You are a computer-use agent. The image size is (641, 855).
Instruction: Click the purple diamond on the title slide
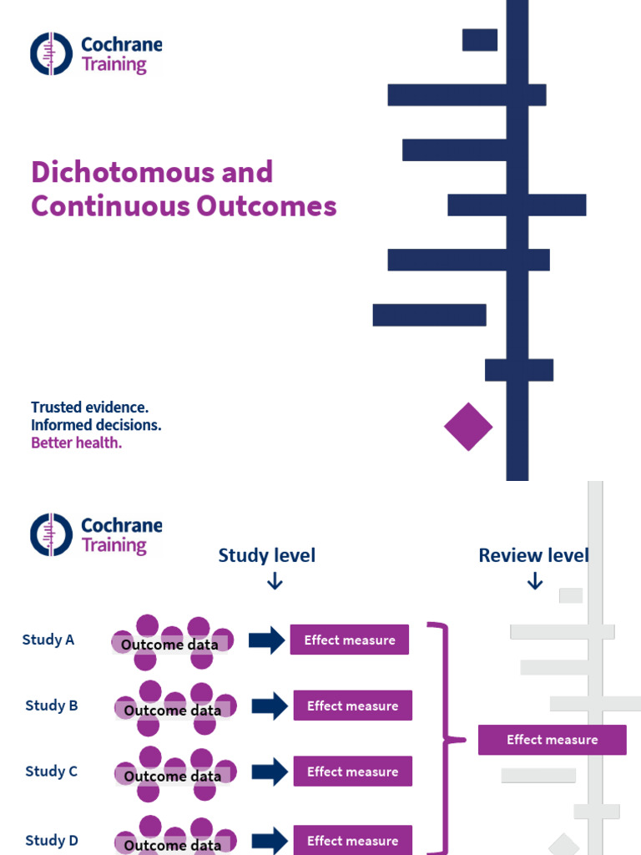click(468, 427)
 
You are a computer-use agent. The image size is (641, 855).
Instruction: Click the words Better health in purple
click(77, 443)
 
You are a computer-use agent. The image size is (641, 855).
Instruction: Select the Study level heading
click(267, 555)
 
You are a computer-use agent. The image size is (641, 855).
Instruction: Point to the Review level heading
click(533, 555)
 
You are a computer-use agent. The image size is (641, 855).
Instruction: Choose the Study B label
click(52, 706)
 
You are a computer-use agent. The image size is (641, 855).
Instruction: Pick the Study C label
click(52, 772)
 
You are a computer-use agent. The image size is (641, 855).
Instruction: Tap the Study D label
click(52, 840)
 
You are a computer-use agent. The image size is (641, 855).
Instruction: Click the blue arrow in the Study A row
click(266, 640)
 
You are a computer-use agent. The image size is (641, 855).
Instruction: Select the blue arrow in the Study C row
click(270, 772)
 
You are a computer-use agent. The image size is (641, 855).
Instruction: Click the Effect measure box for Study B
click(352, 706)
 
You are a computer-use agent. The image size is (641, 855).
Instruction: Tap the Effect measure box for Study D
click(352, 841)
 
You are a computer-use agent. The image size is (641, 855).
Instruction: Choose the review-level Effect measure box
click(552, 740)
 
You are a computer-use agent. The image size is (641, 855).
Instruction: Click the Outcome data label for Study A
click(169, 645)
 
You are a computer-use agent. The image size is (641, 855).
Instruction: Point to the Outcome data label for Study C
click(173, 777)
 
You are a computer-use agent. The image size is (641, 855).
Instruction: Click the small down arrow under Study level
click(275, 581)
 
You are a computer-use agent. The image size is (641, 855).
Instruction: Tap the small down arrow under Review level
click(535, 581)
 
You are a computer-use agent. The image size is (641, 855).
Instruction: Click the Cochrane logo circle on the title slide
click(52, 53)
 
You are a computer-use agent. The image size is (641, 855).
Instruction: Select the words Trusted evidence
click(90, 407)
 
